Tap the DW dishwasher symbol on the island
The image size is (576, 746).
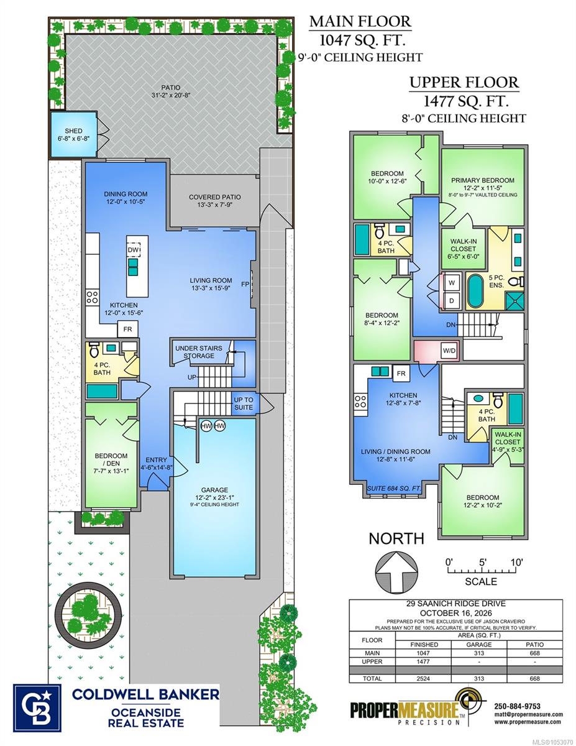pyautogui.click(x=134, y=250)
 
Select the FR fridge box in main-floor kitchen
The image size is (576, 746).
pyautogui.click(x=127, y=329)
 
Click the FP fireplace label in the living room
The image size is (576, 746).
pyautogui.click(x=245, y=284)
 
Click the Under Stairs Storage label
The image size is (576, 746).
pyautogui.click(x=199, y=352)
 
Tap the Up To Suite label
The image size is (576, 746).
pyautogui.click(x=243, y=403)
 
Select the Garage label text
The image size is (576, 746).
pyautogui.click(x=214, y=490)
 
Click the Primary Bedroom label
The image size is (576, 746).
pyautogui.click(x=482, y=180)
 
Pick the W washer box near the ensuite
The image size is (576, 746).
pyautogui.click(x=452, y=282)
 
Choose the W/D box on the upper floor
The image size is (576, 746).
pyautogui.click(x=449, y=351)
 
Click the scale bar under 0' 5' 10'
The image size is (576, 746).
pyautogui.click(x=482, y=571)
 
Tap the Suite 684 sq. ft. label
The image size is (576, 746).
pyautogui.click(x=394, y=488)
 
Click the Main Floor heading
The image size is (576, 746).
pyautogui.click(x=360, y=21)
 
